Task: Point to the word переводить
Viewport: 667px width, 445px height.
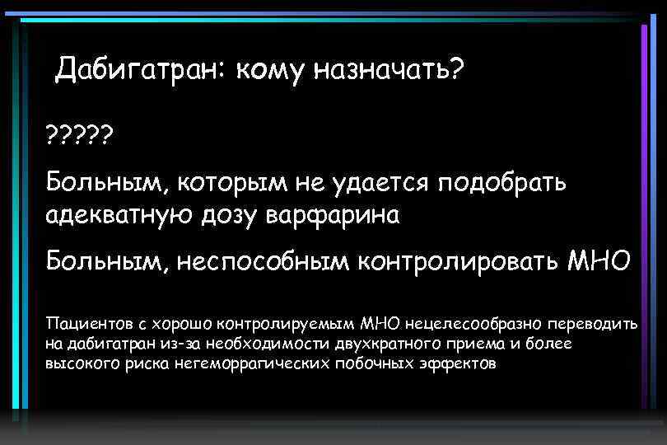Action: point(592,326)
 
